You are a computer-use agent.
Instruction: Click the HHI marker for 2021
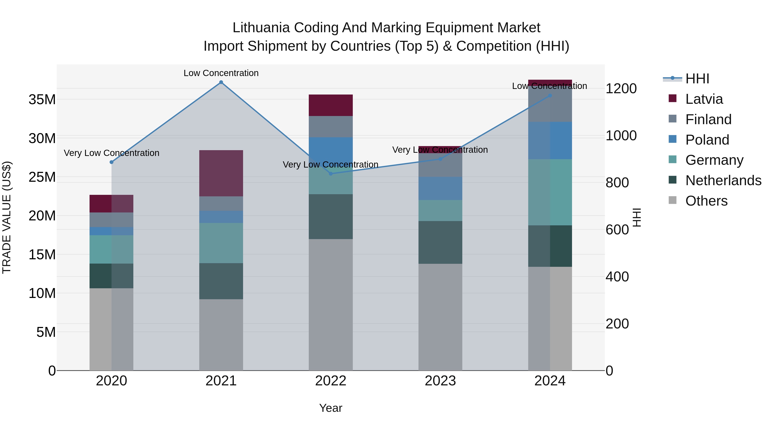[x=221, y=82]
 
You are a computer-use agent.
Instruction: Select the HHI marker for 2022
[x=331, y=174]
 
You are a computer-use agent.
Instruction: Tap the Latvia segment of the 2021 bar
[x=221, y=173]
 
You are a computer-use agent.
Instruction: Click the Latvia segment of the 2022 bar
[x=331, y=105]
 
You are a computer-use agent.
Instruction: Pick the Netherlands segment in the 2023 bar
[x=440, y=242]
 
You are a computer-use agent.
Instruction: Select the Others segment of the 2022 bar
[x=331, y=304]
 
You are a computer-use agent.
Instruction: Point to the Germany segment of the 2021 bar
[x=221, y=243]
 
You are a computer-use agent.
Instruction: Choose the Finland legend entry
[x=708, y=119]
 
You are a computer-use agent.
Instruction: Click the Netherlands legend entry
[x=723, y=180]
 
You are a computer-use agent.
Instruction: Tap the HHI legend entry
[x=697, y=79]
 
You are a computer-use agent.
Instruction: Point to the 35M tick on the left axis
[x=42, y=99]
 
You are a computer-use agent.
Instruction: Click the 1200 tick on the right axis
[x=621, y=89]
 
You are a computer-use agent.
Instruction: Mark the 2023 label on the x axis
[x=440, y=381]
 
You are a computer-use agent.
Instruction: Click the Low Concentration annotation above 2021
[x=221, y=73]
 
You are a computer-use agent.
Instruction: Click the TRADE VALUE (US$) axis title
[x=7, y=217]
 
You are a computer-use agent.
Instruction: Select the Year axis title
[x=331, y=408]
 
